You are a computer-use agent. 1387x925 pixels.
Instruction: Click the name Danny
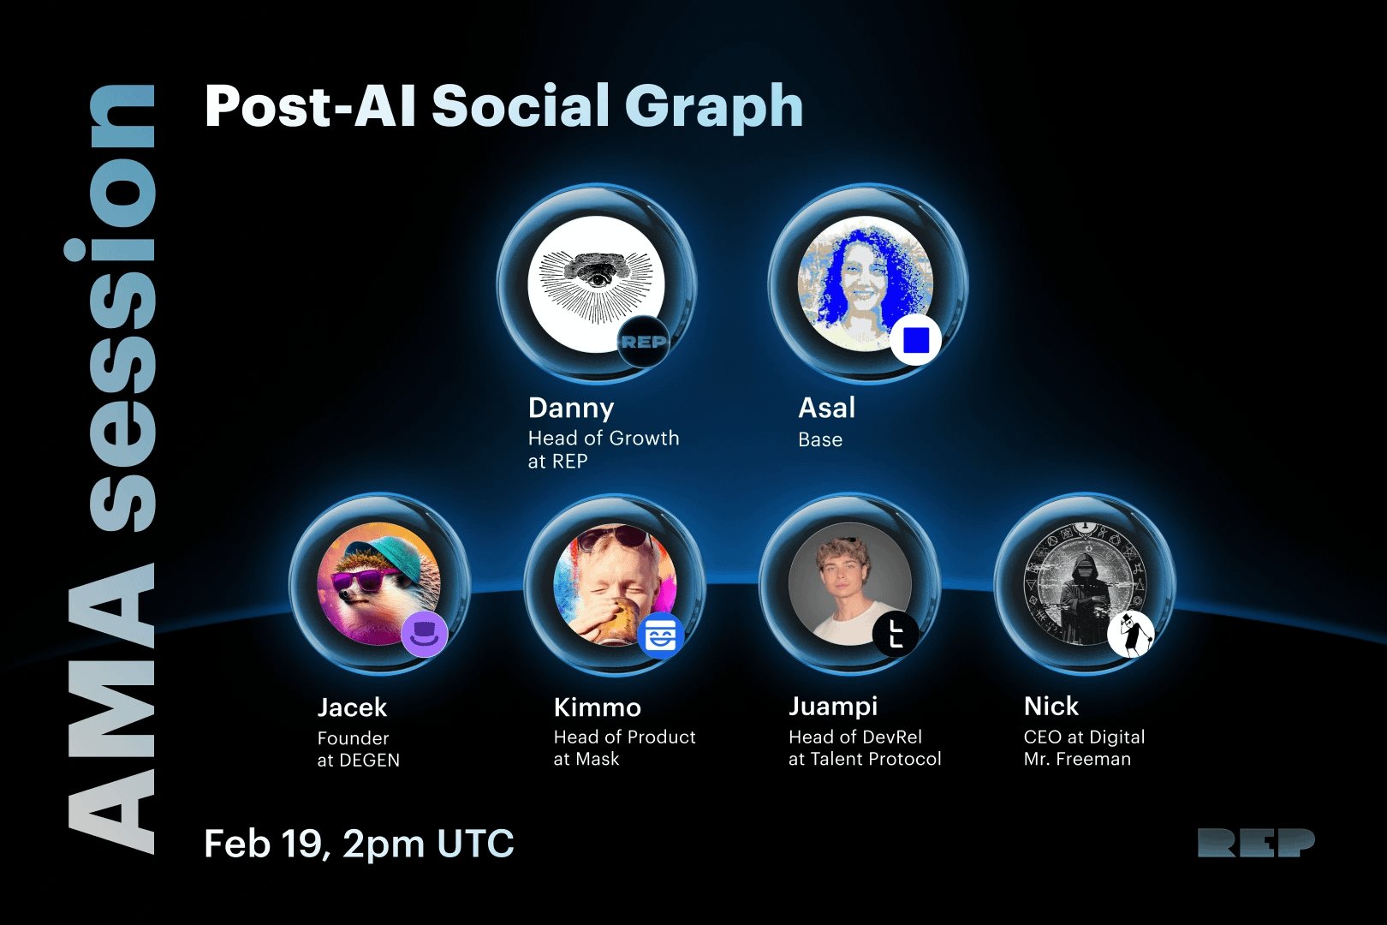(x=571, y=409)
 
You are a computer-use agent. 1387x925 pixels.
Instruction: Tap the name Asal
(x=826, y=408)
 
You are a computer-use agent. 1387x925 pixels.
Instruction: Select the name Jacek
(x=352, y=707)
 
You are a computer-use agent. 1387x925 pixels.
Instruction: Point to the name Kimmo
(x=597, y=707)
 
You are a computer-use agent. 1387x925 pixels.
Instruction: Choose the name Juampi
(x=833, y=707)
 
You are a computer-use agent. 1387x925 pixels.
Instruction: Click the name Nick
(x=1051, y=707)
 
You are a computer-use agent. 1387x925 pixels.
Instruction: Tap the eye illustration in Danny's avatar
(x=596, y=279)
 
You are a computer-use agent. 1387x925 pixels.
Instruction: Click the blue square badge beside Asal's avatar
(x=916, y=340)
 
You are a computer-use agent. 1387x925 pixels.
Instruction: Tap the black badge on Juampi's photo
(x=896, y=635)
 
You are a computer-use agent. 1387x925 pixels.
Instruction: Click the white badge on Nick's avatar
(x=1131, y=635)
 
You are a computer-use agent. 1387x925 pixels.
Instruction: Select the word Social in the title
(x=521, y=104)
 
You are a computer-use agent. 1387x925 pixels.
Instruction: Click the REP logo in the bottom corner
(x=1256, y=843)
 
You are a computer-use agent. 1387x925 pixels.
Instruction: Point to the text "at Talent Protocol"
(x=865, y=759)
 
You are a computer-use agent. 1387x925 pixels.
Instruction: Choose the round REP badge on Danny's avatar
(x=643, y=342)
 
